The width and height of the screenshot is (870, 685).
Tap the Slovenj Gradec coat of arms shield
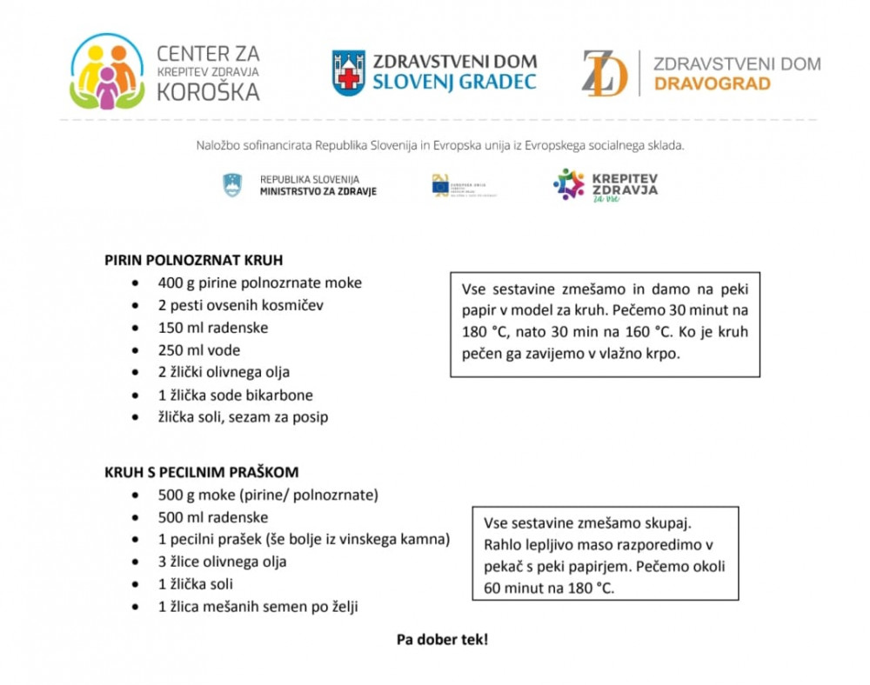coord(348,73)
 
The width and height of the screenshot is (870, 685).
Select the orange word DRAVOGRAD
coord(712,84)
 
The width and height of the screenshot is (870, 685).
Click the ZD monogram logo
coord(604,73)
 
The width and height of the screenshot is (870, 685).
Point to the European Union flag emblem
coord(441,185)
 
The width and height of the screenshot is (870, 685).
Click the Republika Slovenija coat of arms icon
coord(232,185)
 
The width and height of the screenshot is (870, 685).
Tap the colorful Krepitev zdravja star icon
coord(569,184)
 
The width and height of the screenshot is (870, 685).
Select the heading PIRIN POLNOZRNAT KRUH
coord(193,260)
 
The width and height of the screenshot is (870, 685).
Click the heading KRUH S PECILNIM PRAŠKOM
coord(201,472)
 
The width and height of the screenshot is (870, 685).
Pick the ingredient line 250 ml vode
coord(198,350)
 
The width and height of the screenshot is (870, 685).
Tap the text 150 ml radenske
coord(212,328)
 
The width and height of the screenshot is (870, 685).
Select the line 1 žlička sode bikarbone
coord(235,395)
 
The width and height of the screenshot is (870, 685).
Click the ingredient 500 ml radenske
coord(212,517)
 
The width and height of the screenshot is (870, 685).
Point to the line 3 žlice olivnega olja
coord(222,562)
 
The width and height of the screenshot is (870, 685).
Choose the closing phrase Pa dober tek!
coord(442,639)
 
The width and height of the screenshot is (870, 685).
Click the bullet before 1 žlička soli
coord(135,584)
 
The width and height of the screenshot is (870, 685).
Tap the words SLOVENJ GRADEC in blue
coord(454,83)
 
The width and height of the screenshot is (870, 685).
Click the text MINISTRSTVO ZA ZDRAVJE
coord(318,191)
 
